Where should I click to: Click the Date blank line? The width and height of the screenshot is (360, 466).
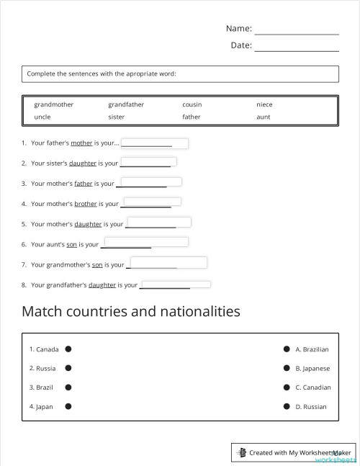click(296, 47)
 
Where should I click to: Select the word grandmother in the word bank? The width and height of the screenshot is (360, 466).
click(53, 104)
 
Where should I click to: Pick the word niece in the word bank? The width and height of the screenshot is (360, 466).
click(264, 104)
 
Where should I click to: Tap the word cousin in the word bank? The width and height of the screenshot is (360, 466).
click(192, 104)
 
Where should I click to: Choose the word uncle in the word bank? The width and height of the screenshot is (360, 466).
click(42, 117)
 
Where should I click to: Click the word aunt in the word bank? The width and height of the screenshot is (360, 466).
click(264, 117)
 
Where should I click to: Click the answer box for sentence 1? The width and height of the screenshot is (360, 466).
click(155, 143)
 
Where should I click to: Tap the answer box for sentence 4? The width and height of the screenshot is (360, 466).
click(152, 202)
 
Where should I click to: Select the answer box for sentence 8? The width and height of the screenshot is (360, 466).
click(176, 284)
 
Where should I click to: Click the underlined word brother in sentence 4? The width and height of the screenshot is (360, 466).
click(86, 204)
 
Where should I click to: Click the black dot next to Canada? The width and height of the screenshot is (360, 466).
click(68, 349)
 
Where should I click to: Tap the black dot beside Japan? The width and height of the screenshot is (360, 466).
click(68, 406)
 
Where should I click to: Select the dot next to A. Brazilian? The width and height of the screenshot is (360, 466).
click(287, 349)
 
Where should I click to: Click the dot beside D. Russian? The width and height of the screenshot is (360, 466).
click(287, 406)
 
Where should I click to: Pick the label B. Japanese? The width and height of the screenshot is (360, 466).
click(312, 369)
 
